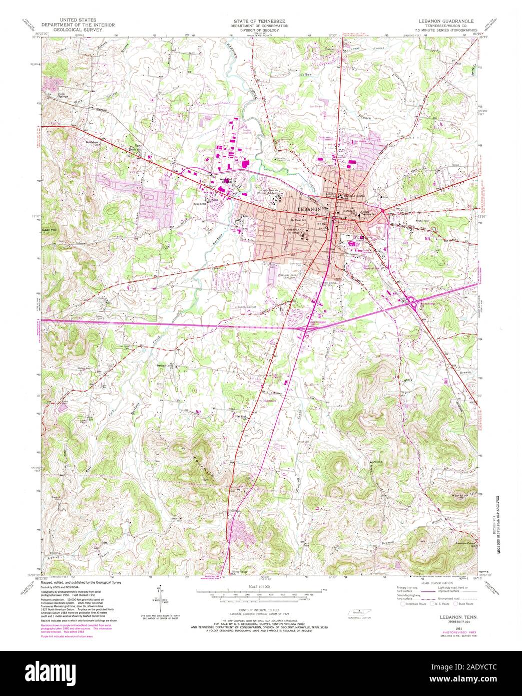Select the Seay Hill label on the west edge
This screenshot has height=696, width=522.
point(49,230)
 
